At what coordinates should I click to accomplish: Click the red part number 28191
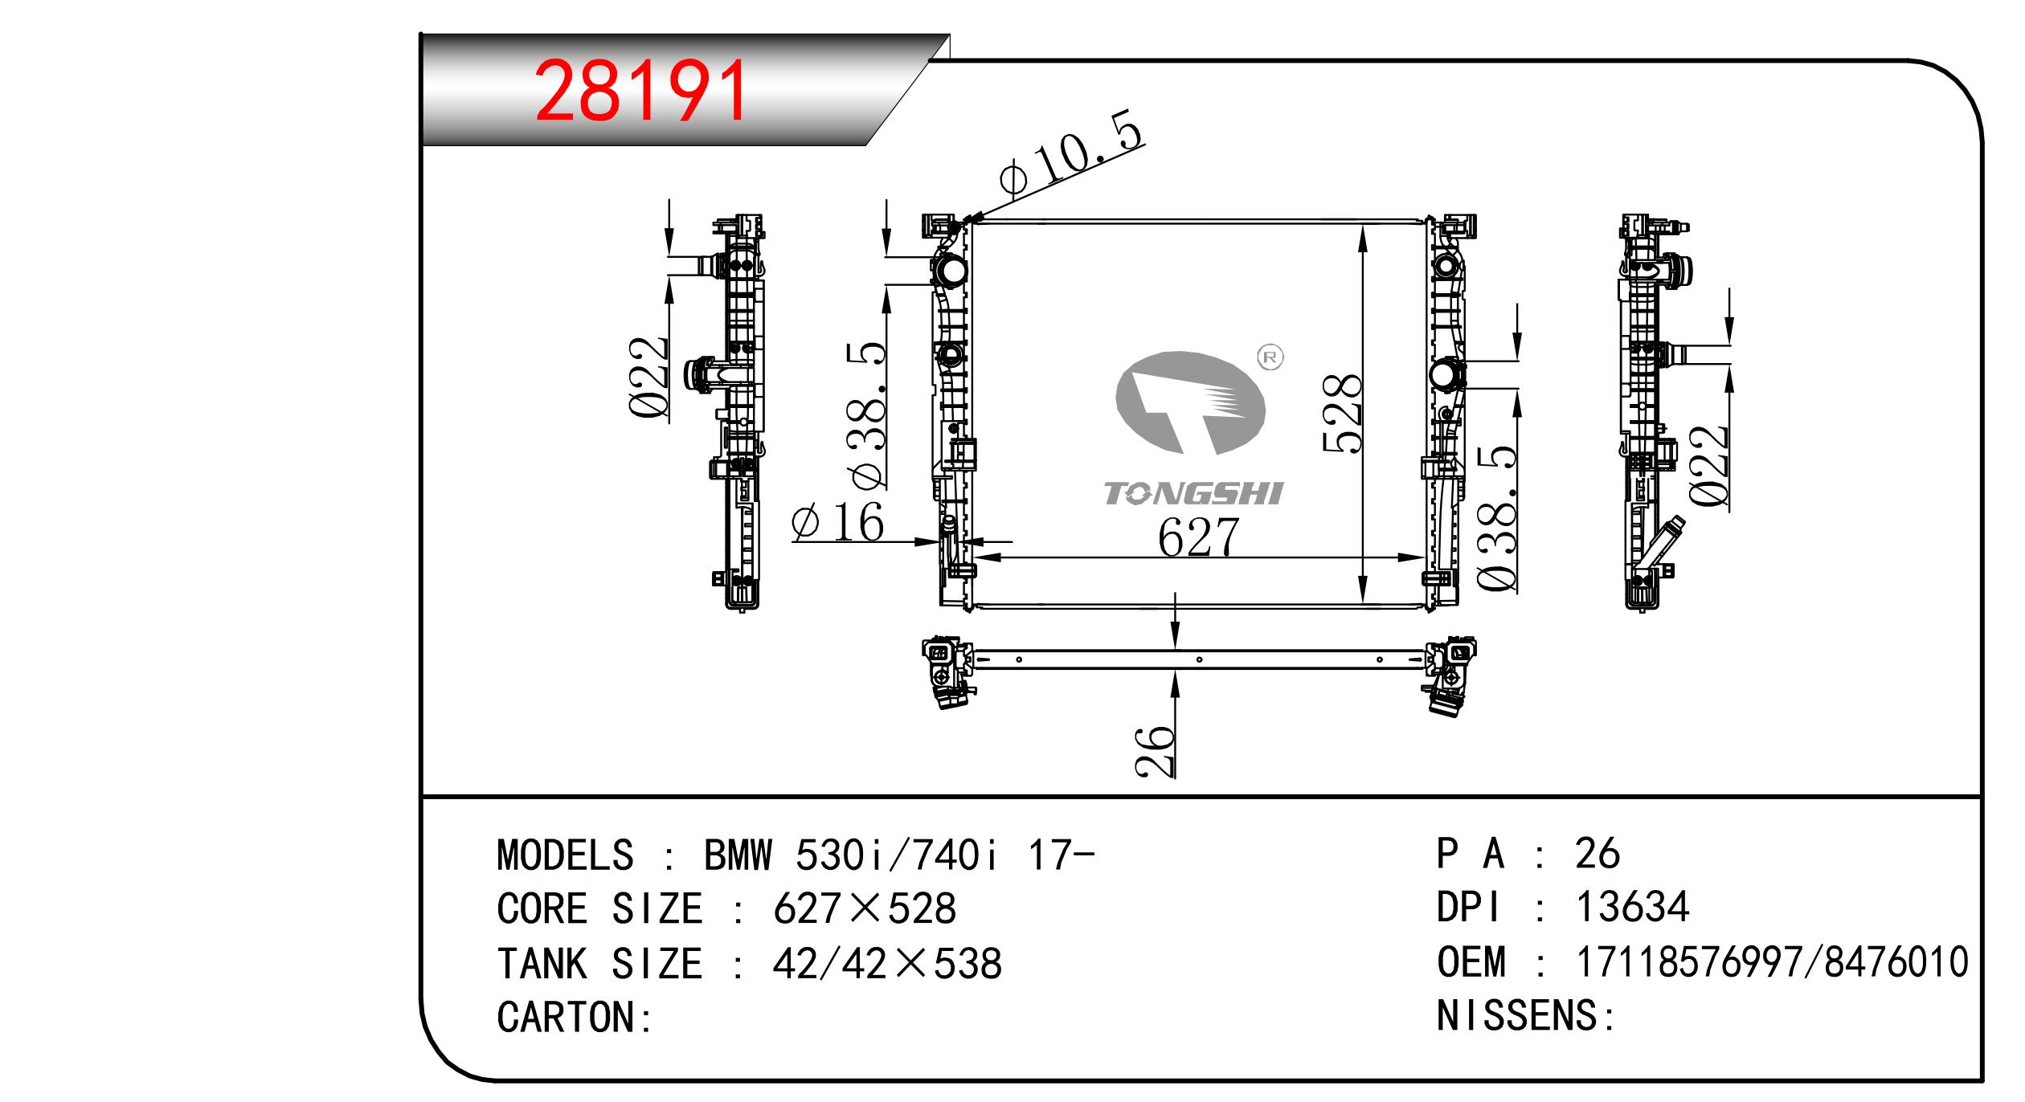pos(640,92)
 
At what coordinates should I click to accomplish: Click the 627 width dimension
pos(1198,537)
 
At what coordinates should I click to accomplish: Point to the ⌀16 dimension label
pos(838,523)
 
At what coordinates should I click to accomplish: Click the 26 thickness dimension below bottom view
pos(1155,750)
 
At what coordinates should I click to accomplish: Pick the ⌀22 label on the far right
pos(1708,466)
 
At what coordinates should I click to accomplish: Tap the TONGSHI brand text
pos(1193,494)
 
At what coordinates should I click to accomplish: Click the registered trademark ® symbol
pos(1270,358)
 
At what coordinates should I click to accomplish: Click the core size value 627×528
pos(865,908)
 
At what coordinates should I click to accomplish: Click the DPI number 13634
pos(1633,907)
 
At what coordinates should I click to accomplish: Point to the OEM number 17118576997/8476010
pos(1772,961)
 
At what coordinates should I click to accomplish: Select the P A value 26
pos(1597,853)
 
